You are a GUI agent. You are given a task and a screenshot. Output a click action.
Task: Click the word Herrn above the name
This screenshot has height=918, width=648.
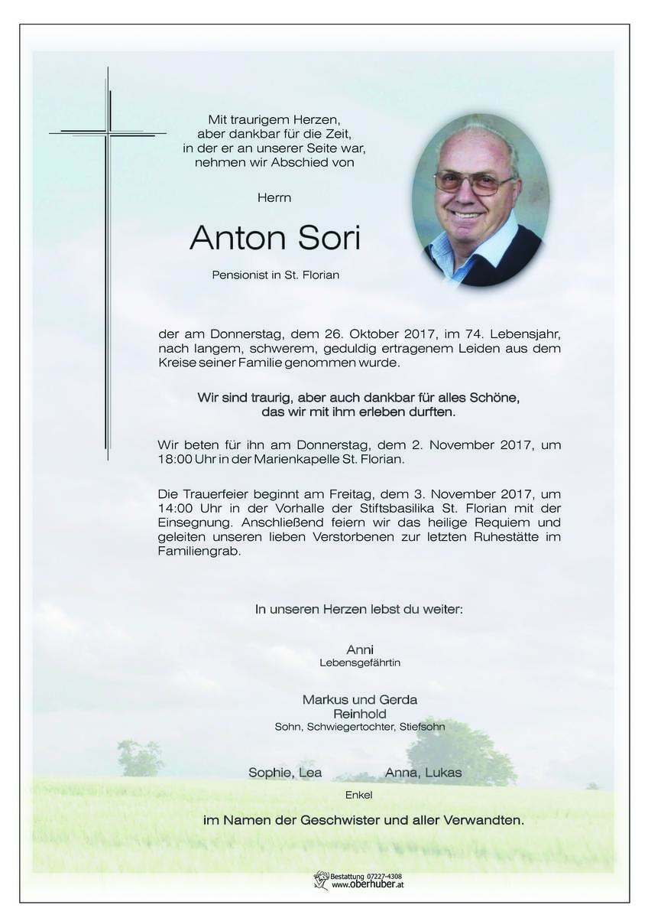[275, 197]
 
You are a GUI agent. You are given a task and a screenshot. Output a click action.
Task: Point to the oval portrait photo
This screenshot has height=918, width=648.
[480, 200]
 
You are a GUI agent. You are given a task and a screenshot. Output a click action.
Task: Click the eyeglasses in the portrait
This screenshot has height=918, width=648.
[474, 182]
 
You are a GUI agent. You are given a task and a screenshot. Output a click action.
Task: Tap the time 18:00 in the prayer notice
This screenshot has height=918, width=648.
[176, 460]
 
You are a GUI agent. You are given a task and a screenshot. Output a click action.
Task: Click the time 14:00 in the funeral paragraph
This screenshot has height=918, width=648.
[176, 508]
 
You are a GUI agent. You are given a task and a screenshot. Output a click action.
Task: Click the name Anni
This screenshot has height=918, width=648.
[359, 649]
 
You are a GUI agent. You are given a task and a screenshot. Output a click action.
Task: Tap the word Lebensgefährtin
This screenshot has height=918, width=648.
[359, 662]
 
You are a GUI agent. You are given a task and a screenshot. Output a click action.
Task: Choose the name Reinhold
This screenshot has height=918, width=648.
[359, 714]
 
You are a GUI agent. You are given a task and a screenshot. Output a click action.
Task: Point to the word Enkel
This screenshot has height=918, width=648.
[359, 795]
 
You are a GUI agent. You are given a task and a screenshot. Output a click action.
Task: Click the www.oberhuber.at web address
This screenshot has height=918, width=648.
[367, 885]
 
